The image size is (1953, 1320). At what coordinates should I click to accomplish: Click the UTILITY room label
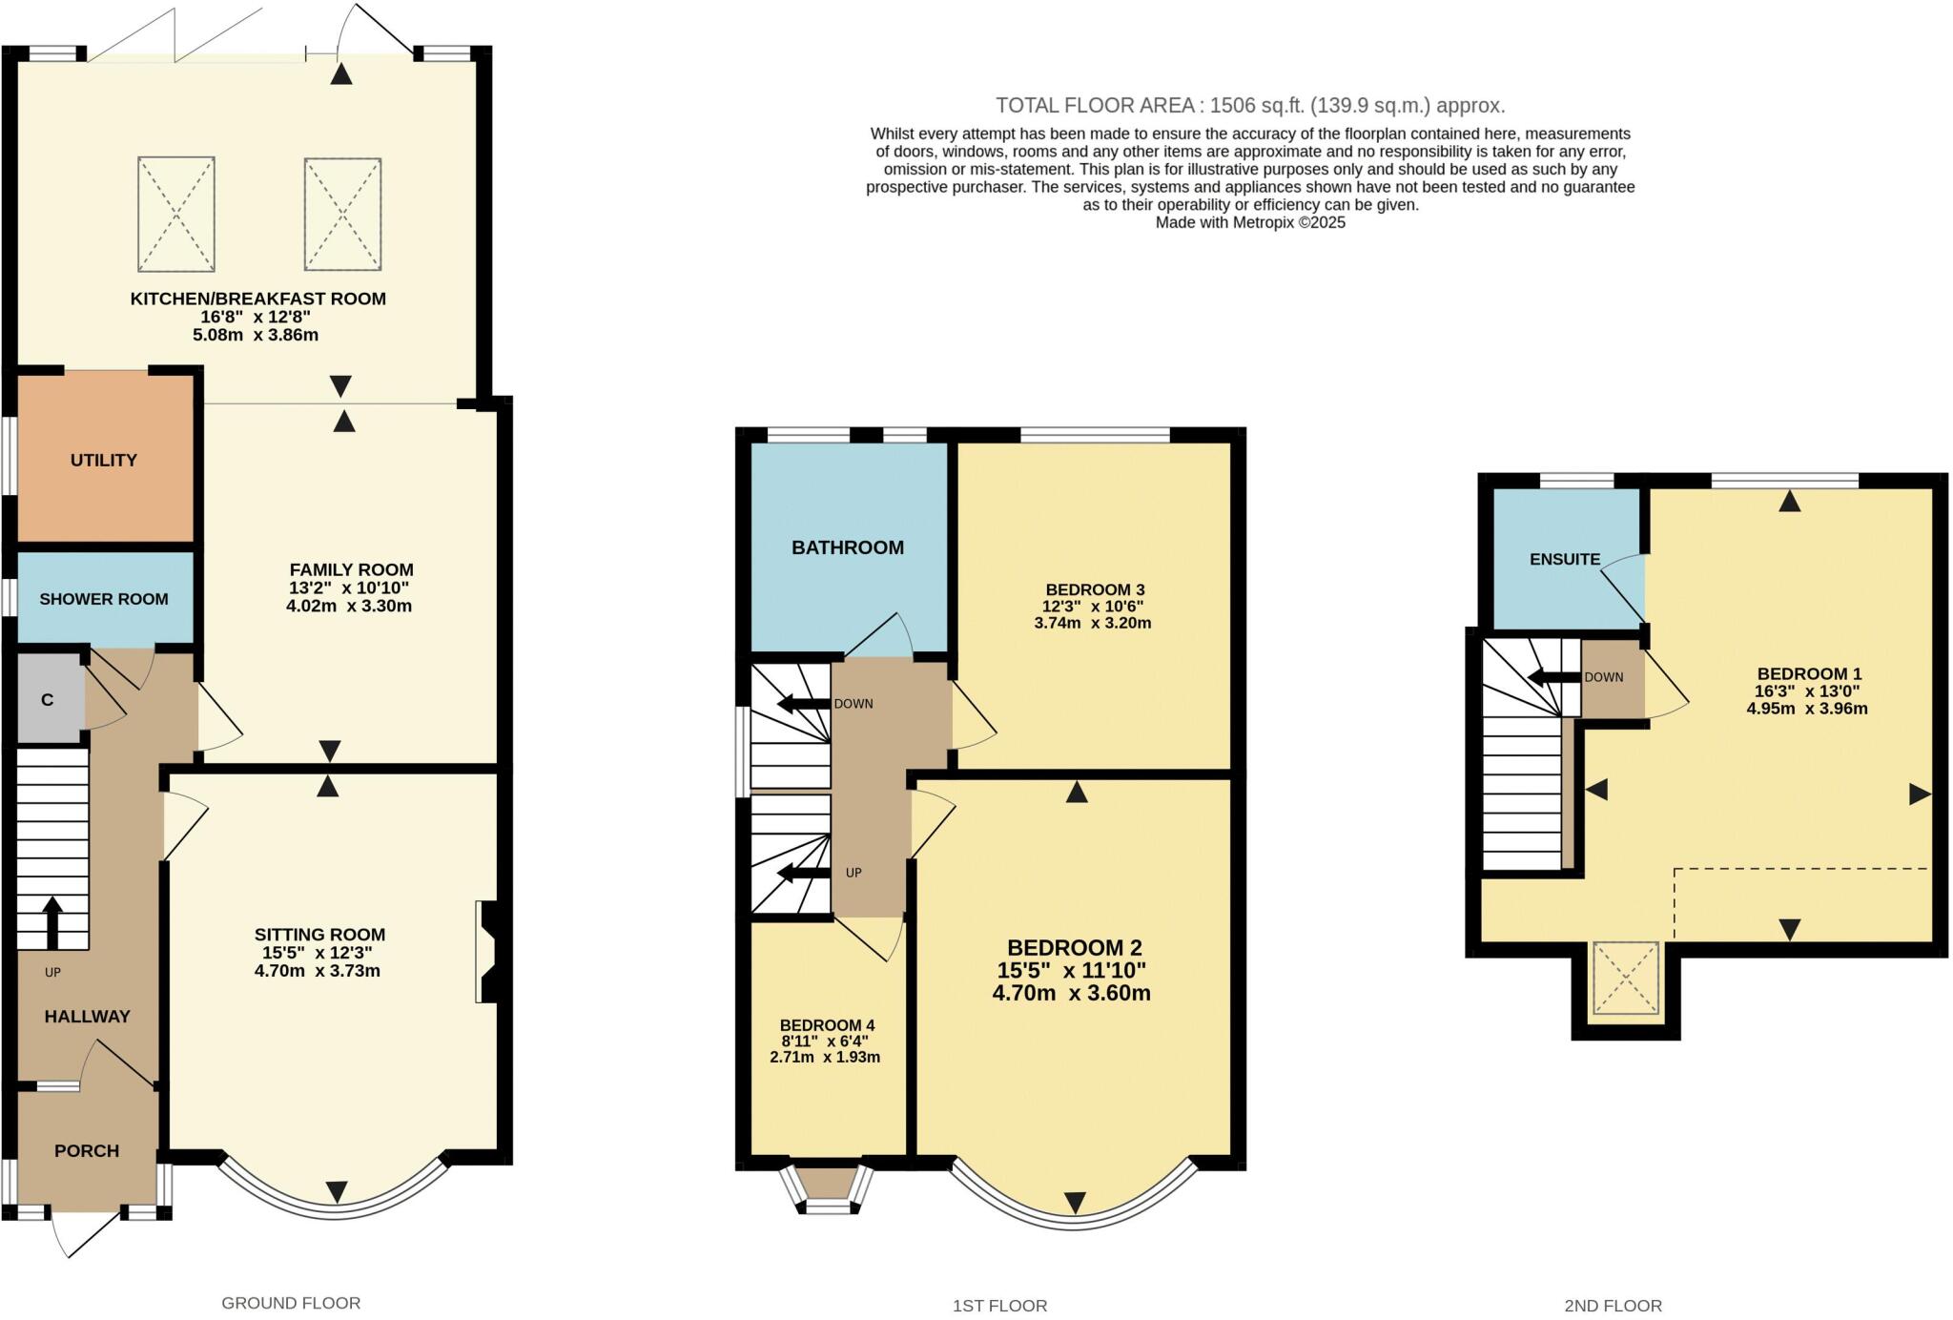point(104,460)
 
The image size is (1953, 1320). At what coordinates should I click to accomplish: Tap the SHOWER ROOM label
point(104,599)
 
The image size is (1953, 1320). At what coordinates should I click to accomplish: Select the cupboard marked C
point(48,699)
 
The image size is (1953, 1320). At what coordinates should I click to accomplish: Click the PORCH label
point(87,1150)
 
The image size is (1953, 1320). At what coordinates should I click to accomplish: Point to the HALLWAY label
point(87,1016)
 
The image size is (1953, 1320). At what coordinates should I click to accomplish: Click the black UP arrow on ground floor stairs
point(52,922)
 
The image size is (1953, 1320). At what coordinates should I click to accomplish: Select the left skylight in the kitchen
point(176,214)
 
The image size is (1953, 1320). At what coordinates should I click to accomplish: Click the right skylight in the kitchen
point(343,214)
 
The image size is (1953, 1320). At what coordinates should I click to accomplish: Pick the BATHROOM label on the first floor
point(848,547)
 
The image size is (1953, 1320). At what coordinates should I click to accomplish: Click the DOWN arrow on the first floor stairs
point(803,704)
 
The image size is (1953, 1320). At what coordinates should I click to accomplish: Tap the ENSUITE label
point(1565,559)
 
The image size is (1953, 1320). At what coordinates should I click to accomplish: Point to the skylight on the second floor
point(1626,978)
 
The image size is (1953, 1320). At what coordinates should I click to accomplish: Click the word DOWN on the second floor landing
point(1604,677)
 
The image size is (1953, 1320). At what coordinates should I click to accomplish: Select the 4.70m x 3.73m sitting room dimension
point(311,971)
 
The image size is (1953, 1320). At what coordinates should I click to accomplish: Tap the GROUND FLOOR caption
point(291,1303)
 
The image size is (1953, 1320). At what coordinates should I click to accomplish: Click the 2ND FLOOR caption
point(1614,1306)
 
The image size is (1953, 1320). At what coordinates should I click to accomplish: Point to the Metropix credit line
point(1250,222)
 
